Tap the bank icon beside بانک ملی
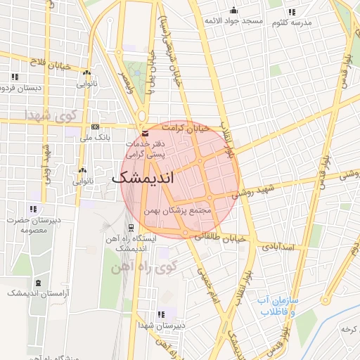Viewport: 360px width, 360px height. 95,127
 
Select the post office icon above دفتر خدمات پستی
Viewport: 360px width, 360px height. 146,133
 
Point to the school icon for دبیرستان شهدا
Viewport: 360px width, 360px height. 161,314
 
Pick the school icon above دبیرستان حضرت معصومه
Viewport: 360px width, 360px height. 33,209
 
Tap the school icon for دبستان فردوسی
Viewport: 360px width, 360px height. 14,77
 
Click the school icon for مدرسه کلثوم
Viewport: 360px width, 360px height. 292,11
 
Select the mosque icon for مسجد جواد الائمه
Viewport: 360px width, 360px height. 233,10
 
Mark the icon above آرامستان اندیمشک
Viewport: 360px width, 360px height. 37,282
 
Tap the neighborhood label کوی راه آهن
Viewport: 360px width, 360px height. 139,268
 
